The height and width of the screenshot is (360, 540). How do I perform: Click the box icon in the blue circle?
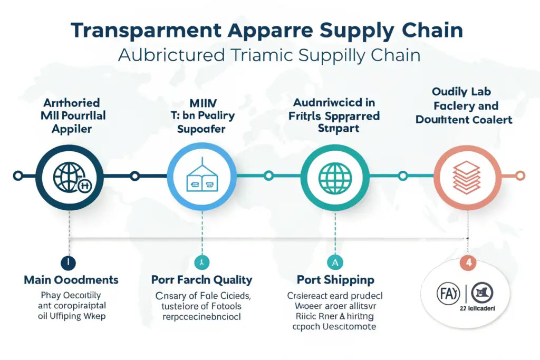202,176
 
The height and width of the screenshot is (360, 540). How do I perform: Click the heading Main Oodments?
71,280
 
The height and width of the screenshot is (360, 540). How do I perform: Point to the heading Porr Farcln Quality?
202,280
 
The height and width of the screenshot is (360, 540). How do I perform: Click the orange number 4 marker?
467,261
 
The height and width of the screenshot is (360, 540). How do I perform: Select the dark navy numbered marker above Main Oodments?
69,261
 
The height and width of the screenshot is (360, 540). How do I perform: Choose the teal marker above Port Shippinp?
335,261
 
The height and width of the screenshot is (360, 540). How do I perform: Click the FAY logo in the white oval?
445,290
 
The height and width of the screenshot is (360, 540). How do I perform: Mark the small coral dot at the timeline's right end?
520,175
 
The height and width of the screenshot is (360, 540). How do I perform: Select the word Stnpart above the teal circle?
335,128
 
